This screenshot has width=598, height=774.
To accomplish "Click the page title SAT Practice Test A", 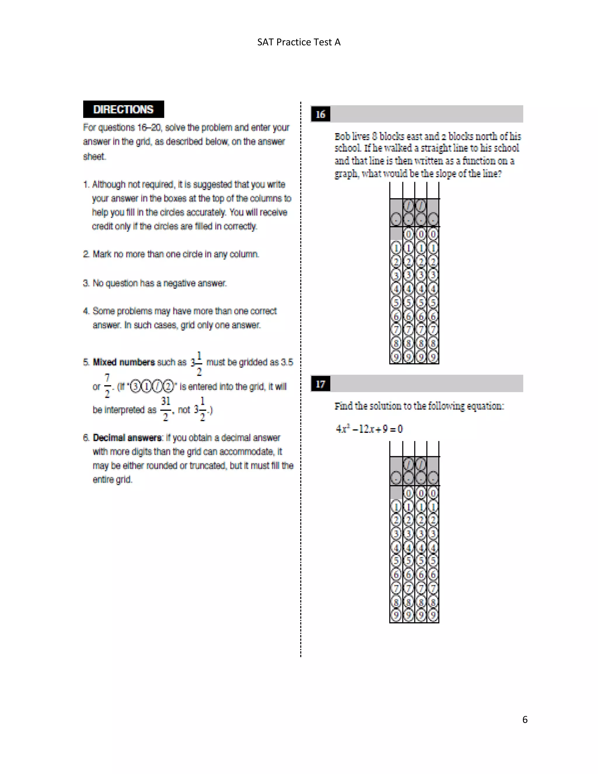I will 299,42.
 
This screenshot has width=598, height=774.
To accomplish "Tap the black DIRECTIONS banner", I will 123,109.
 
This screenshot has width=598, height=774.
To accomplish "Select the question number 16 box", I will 320,114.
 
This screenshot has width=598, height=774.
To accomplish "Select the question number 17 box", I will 320,384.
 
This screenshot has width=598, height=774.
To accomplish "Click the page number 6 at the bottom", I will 525,719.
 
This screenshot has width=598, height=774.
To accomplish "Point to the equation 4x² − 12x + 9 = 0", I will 369,429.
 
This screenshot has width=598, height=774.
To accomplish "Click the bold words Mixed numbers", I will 124,362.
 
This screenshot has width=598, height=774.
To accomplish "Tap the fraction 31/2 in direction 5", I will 166,409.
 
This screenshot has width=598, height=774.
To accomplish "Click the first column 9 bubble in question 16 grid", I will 396,357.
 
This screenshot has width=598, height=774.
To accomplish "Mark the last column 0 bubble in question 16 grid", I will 433,234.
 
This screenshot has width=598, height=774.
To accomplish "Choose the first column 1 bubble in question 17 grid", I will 396,507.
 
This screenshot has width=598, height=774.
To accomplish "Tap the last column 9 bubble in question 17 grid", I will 433,615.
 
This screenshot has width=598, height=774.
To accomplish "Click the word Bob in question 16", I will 342,136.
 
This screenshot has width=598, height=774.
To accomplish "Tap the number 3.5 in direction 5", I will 287,362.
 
